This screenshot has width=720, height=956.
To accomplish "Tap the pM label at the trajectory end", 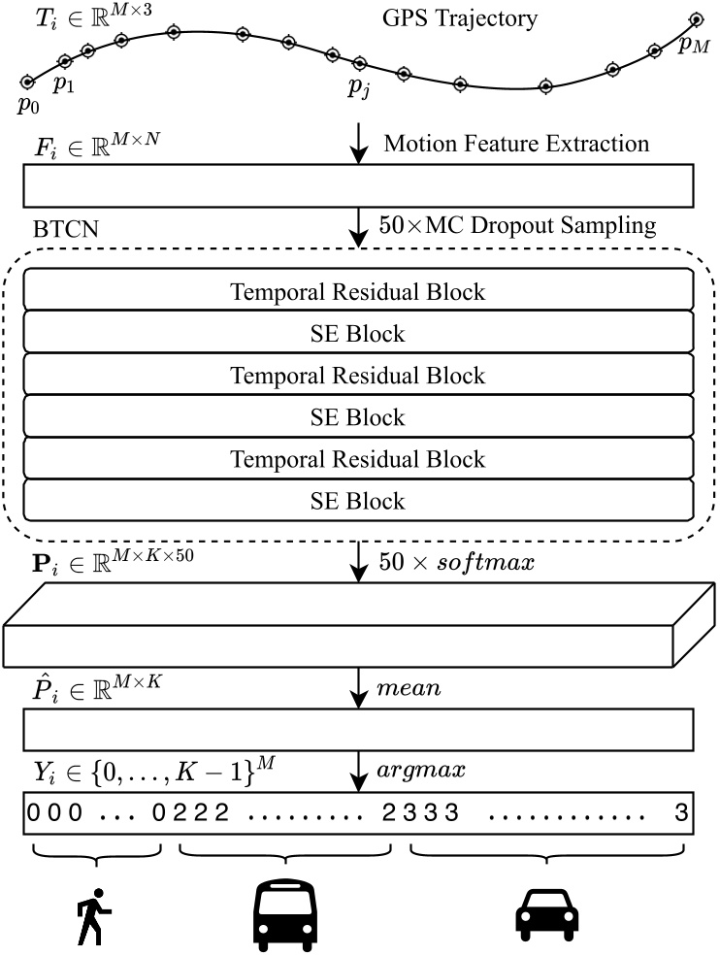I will pos(693,44).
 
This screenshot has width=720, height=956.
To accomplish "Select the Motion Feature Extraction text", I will pos(516,145).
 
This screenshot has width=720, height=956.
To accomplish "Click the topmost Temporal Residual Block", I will pos(357,290).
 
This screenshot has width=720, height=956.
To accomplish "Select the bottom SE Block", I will pos(357,501).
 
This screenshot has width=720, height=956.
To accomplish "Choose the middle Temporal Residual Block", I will pos(357,375).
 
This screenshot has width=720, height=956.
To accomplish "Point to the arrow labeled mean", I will pos(359,691).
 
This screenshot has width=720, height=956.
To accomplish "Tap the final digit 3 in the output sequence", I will pos(679,812).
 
